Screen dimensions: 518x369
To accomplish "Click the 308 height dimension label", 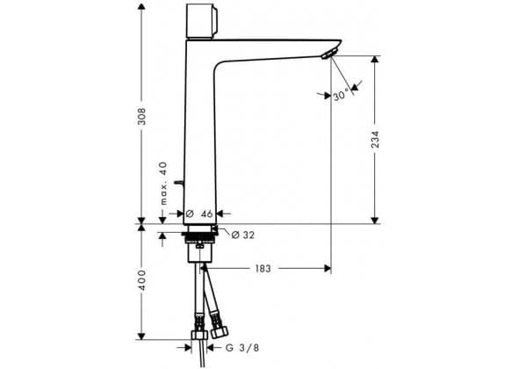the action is [141, 116].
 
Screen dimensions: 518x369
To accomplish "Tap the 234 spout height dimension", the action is [375, 139].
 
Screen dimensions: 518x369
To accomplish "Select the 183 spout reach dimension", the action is [263, 269].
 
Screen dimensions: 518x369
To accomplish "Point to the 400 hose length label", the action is [141, 280].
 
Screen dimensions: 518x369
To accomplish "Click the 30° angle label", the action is [341, 95].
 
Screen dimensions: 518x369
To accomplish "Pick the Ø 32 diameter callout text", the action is [243, 235].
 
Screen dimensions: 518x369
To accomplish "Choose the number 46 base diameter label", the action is [207, 213].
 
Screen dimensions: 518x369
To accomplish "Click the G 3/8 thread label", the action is [242, 348].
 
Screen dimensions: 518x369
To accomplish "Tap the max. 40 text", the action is [164, 183].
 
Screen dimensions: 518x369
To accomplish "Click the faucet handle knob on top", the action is [202, 21].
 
